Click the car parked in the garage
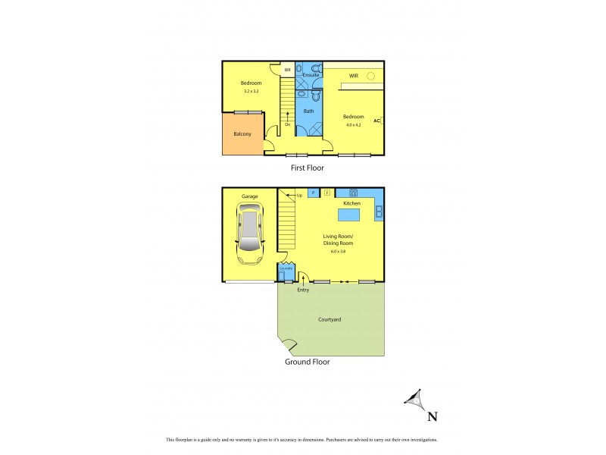[x=250, y=236]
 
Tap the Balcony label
[x=242, y=134]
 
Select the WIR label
[x=353, y=76]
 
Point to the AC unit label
[x=376, y=121]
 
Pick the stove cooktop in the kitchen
[x=352, y=192]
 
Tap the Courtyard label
[x=330, y=319]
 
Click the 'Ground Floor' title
[x=307, y=362]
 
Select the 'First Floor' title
[x=308, y=168]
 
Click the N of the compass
[x=433, y=415]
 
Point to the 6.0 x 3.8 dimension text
[x=338, y=251]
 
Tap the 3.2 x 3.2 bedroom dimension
[x=251, y=92]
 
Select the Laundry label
[x=285, y=268]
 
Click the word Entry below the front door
[x=303, y=290]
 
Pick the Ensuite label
[x=309, y=75]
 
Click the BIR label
[x=287, y=70]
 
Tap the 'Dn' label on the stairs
[x=288, y=124]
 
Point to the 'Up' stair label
[x=299, y=196]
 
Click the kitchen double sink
[x=379, y=211]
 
